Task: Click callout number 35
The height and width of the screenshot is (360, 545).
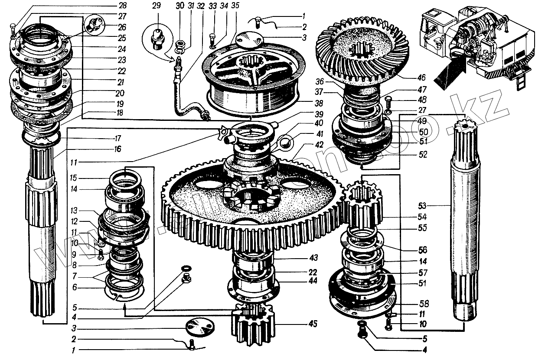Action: tap(235, 6)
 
